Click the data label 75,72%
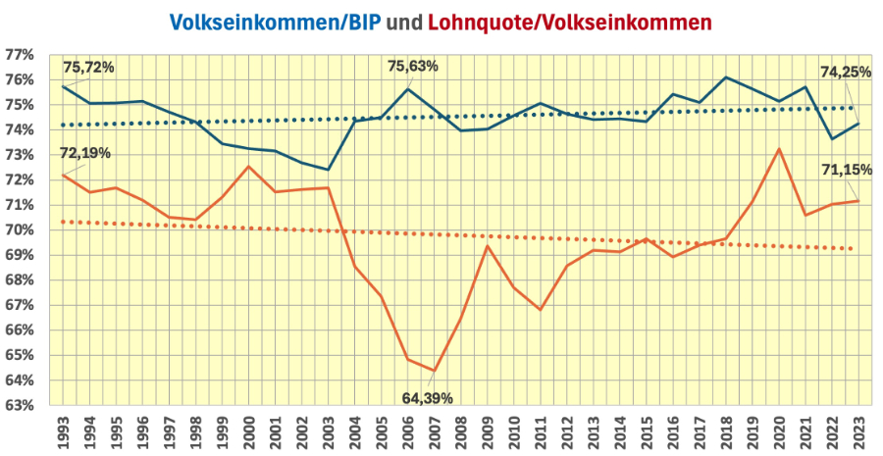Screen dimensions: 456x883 89,68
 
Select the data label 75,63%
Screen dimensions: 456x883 413,67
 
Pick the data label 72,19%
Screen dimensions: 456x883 85,153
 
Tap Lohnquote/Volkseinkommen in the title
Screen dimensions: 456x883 573,21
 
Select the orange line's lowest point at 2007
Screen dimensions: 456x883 435,371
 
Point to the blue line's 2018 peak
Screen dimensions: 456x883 725,77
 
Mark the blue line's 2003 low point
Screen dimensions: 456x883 329,170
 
